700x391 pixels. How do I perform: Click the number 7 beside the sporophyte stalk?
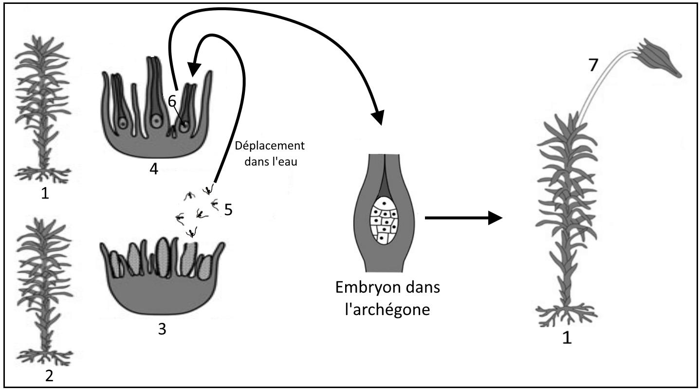point(592,65)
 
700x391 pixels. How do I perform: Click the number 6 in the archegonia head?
point(171,100)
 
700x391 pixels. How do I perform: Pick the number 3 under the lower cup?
point(162,329)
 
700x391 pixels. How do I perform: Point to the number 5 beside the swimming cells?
point(229,210)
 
